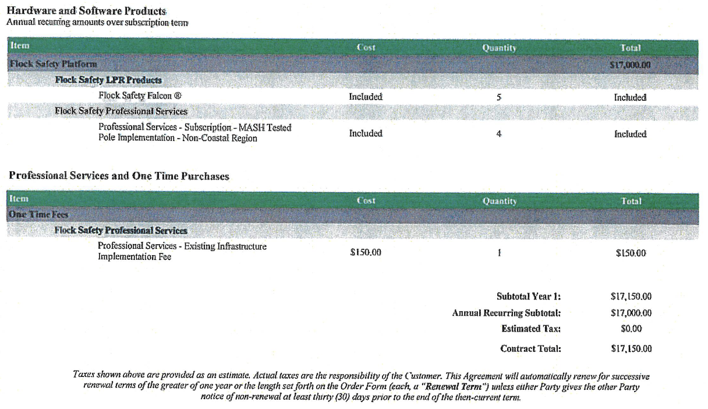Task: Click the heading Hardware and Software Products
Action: coord(86,11)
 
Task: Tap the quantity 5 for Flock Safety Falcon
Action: coord(499,97)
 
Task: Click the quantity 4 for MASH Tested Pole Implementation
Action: coord(499,133)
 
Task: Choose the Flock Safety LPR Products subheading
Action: coord(108,80)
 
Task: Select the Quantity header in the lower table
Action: coord(500,201)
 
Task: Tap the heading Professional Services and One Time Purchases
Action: coord(119,176)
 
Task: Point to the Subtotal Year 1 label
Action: coord(528,296)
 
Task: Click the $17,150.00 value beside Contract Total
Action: coord(631,349)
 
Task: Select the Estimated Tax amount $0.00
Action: coord(631,329)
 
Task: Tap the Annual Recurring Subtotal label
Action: coord(506,313)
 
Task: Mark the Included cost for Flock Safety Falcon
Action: coord(366,97)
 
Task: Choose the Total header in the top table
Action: coord(631,48)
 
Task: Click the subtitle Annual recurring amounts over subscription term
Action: coord(98,23)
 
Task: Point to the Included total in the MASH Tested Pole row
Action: coord(631,134)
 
